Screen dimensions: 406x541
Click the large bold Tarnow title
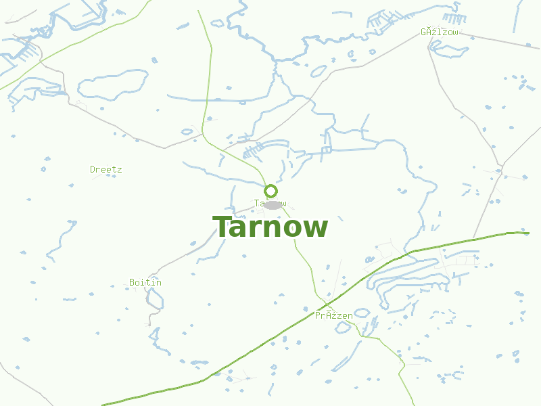point(270,227)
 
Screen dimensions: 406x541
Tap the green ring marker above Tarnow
point(270,191)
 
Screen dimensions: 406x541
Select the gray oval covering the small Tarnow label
point(273,204)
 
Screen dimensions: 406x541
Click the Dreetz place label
point(106,169)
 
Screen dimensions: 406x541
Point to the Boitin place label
point(145,282)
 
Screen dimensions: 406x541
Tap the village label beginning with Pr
point(334,315)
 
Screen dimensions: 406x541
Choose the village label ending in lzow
point(440,32)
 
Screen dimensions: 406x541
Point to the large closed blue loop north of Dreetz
point(112,85)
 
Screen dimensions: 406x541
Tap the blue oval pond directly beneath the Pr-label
point(362,313)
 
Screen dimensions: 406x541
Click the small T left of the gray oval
point(257,203)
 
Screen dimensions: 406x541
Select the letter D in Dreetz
point(93,169)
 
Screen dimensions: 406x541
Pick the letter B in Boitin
point(132,282)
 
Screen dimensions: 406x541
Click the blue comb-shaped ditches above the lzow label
point(451,18)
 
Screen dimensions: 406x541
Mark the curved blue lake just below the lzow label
point(450,49)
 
